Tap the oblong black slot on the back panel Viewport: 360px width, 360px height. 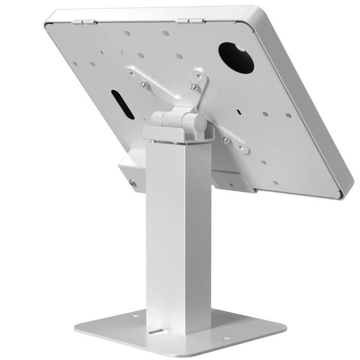point(122,104)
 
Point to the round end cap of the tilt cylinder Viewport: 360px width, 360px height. point(200,123)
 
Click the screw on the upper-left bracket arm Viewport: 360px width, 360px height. point(143,84)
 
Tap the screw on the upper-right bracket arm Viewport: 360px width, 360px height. point(194,87)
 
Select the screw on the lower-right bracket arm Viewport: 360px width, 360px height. point(226,140)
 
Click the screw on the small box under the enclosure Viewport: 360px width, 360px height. point(132,182)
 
